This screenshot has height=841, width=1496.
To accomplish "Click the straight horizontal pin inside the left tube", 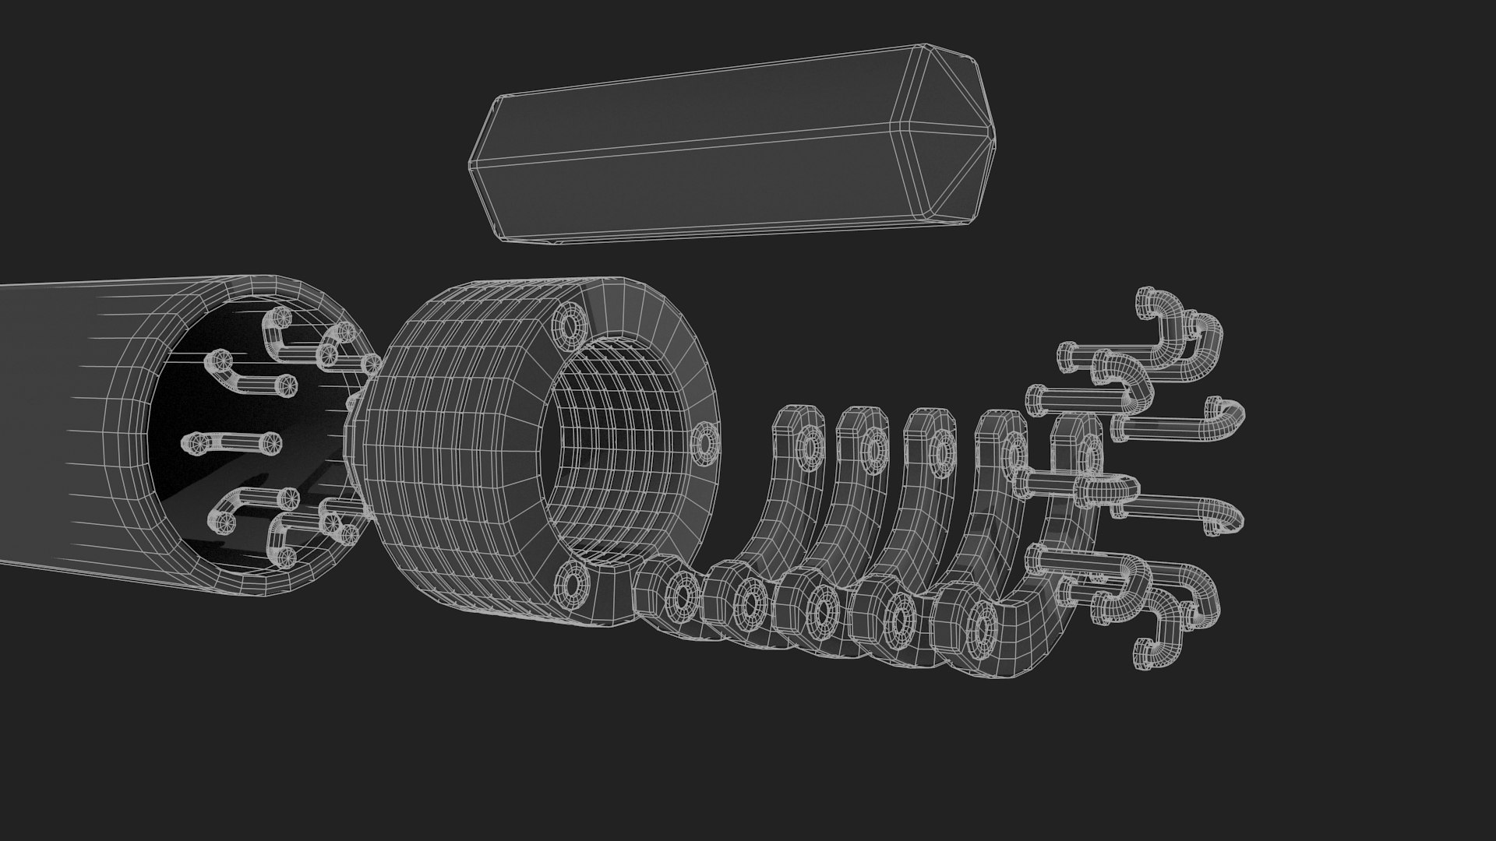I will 231,442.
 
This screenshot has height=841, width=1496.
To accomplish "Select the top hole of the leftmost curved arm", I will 811,447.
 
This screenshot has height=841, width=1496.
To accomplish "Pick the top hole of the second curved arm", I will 875,449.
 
